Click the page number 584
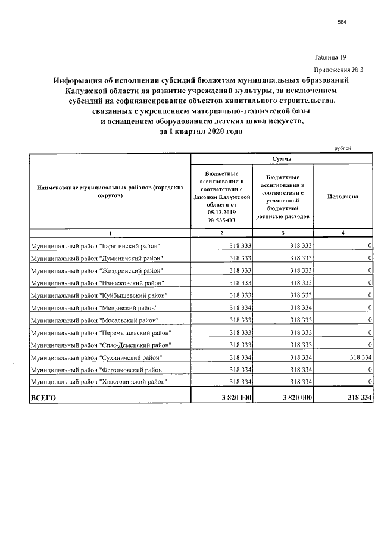[x=341, y=22]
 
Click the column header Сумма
[x=282, y=159]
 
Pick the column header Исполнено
[x=343, y=196]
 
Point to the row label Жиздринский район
[x=97, y=270]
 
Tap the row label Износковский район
[x=97, y=283]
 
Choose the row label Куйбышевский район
[x=99, y=295]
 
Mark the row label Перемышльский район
[x=101, y=332]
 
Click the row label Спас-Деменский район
[x=101, y=345]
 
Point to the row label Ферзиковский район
[x=98, y=369]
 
